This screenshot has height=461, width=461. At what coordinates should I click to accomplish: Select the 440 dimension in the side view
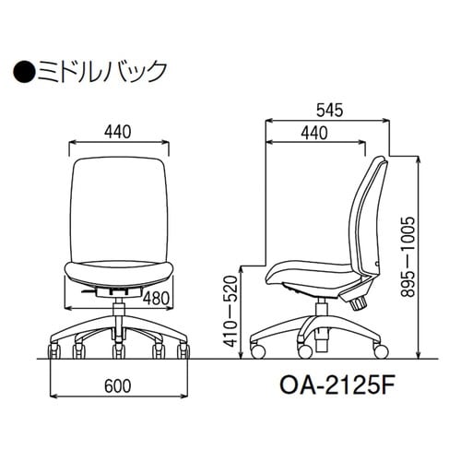pos(314,134)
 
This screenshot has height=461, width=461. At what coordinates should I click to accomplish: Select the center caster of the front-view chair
pos(119,352)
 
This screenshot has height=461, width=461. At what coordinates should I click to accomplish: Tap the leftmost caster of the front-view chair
pos(53,352)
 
